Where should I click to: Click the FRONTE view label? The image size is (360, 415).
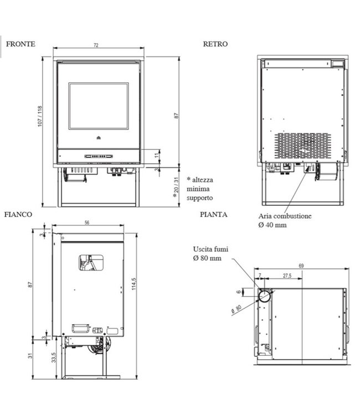pos(20,44)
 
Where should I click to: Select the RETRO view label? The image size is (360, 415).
pos(215,44)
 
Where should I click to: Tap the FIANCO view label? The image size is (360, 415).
pos(18,214)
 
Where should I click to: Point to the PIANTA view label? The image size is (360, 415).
pos(214,214)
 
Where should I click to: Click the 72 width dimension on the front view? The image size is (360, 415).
pos(96,45)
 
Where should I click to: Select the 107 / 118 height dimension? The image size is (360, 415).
pos(40,116)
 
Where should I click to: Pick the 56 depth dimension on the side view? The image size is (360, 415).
pos(87,222)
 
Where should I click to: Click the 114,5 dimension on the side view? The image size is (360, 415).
pos(134,284)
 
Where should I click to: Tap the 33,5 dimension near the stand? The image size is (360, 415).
pos(54,357)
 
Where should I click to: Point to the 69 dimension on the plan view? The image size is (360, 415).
pos(301,266)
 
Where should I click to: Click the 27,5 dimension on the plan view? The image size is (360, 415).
pos(287,276)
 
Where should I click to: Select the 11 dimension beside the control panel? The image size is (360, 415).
pos(157,155)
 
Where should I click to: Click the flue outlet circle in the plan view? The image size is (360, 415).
pos(265,296)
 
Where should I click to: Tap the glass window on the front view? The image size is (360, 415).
pos(99,106)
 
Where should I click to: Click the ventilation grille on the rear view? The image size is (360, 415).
pos(302,146)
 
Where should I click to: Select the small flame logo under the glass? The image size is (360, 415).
pos(99,138)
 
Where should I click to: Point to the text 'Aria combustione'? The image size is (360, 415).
pos(285,216)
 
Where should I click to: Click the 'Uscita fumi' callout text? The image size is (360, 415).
pos(210,249)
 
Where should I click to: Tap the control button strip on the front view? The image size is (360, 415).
pos(99,157)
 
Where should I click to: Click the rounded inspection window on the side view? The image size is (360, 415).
pos(91,262)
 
